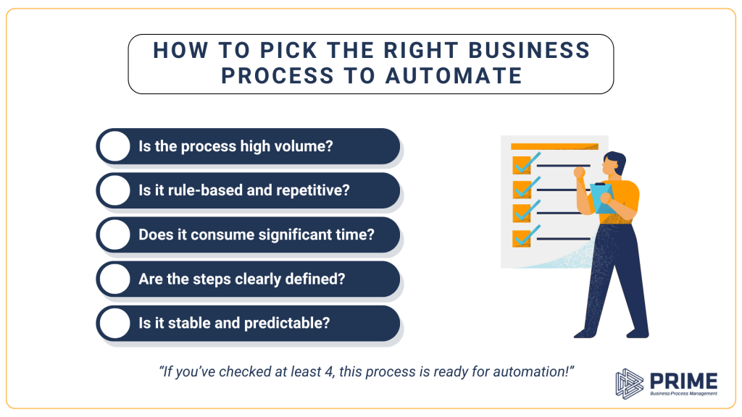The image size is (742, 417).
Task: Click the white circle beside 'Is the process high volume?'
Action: click(114, 146)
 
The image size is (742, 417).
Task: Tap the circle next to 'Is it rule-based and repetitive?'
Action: click(114, 190)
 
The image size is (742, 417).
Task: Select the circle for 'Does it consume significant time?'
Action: click(114, 235)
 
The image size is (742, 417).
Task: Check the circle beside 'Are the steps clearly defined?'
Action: click(114, 279)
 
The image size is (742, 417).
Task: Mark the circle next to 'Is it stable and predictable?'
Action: click(114, 323)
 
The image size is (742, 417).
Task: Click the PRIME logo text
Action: click(684, 380)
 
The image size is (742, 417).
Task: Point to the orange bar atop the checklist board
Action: click(554, 146)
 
